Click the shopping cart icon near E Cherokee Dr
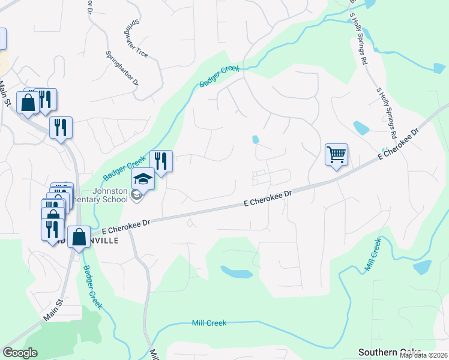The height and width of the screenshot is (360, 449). pyautogui.click(x=336, y=155)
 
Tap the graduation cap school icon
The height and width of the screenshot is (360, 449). pyautogui.click(x=143, y=179)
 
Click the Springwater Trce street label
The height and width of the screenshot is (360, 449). pyautogui.click(x=135, y=40)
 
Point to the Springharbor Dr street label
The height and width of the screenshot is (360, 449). pyautogui.click(x=122, y=67)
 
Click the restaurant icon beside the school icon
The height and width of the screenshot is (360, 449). pyautogui.click(x=161, y=161)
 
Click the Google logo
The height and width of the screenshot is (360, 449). pyautogui.click(x=20, y=353)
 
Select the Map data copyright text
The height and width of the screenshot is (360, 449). pyautogui.click(x=424, y=355)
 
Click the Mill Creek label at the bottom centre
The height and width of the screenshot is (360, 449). pyautogui.click(x=209, y=323)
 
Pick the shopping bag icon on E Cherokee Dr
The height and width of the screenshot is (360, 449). pyautogui.click(x=79, y=237)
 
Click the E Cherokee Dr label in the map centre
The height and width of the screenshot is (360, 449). pyautogui.click(x=268, y=199)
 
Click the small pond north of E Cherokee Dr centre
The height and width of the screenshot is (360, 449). pyautogui.click(x=256, y=140)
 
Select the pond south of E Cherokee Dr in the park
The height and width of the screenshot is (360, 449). pyautogui.click(x=237, y=272)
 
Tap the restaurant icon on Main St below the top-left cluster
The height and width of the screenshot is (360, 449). pyautogui.click(x=61, y=127)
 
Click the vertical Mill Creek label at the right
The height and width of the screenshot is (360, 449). pyautogui.click(x=372, y=255)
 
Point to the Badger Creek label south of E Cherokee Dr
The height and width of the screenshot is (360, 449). pyautogui.click(x=92, y=287)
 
